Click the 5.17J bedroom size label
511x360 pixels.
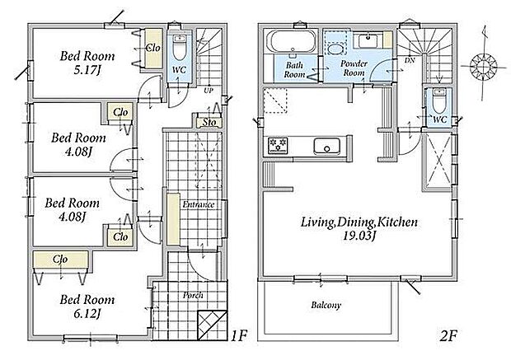pyautogui.click(x=87, y=70)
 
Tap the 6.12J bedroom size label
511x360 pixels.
pyautogui.click(x=87, y=314)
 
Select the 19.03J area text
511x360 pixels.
pyautogui.click(x=359, y=236)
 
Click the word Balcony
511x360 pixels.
pyautogui.click(x=326, y=306)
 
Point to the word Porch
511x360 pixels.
pyautogui.click(x=193, y=295)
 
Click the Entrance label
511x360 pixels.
pyautogui.click(x=199, y=204)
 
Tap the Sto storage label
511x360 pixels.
pyautogui.click(x=209, y=122)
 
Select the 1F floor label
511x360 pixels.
pyautogui.click(x=240, y=335)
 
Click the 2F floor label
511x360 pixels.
pyautogui.click(x=448, y=336)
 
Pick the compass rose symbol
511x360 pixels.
pyautogui.click(x=481, y=66)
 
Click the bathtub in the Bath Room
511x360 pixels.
pyautogui.click(x=291, y=41)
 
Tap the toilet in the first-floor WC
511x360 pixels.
pyautogui.click(x=179, y=48)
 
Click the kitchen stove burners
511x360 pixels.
pyautogui.click(x=278, y=146)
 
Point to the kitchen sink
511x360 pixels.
pyautogui.click(x=327, y=147)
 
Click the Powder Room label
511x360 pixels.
pyautogui.click(x=354, y=68)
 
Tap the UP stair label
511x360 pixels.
pyautogui.click(x=209, y=91)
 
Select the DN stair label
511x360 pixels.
pyautogui.click(x=410, y=60)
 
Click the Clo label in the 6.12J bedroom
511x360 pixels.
pyautogui.click(x=60, y=259)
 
